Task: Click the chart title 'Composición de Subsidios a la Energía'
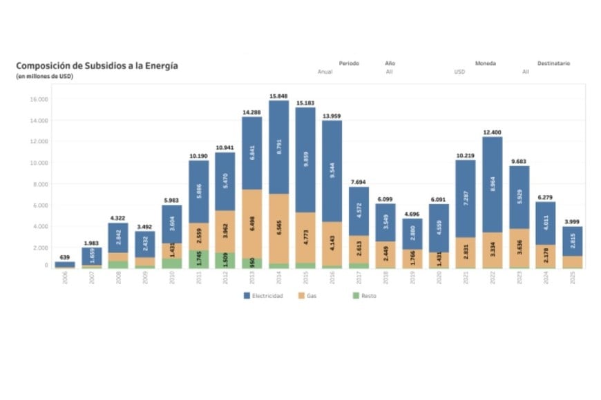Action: [97, 66]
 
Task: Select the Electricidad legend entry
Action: [263, 295]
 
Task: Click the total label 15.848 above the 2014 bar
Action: [278, 95]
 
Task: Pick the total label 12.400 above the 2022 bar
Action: [492, 132]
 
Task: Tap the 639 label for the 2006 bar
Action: [64, 257]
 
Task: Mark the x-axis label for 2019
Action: [412, 278]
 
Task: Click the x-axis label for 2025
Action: [572, 278]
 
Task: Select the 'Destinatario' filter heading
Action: [554, 63]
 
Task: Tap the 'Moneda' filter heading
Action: [485, 63]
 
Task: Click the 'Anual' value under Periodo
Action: [325, 72]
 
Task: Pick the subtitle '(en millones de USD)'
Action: [44, 76]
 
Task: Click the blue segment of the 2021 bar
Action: [465, 199]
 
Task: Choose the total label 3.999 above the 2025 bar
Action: [572, 221]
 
